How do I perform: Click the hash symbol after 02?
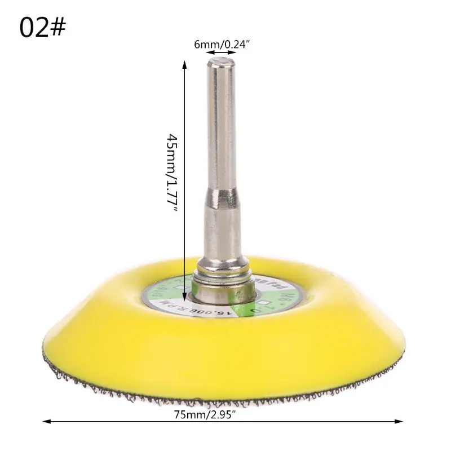point(59,28)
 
